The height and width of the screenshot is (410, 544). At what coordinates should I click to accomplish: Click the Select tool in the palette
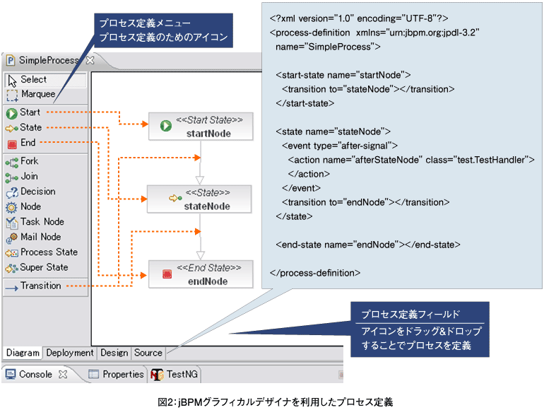pos(33,80)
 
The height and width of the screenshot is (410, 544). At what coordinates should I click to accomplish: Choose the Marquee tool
pos(37,94)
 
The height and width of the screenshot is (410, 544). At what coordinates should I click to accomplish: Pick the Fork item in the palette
pos(29,161)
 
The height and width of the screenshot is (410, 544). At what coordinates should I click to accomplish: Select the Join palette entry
pos(29,176)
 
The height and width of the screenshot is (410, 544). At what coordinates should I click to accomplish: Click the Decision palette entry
pos(37,192)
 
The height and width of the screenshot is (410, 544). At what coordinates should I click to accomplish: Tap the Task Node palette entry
pos(42,221)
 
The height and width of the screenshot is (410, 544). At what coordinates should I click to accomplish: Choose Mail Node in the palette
pos(40,237)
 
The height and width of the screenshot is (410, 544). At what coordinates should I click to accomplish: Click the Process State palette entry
pos(49,252)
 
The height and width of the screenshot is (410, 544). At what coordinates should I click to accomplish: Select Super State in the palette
pos(44,267)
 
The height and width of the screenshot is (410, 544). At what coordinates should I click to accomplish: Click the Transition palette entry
pos(40,286)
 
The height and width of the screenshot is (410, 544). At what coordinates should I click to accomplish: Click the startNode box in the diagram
pos(200,127)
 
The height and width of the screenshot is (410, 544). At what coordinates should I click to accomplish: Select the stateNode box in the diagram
pos(200,199)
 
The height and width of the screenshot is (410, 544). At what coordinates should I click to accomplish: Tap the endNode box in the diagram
pos(200,274)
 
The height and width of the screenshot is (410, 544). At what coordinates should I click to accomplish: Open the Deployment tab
pos(70,353)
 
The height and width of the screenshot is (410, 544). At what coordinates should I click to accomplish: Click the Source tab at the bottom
pos(148,353)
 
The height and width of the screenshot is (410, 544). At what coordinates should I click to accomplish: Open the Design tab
pos(114,353)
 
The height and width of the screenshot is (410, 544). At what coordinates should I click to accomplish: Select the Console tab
pos(35,374)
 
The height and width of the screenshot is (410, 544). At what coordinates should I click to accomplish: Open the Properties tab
pos(123,374)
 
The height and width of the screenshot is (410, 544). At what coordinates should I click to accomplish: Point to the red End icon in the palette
pos(11,143)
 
